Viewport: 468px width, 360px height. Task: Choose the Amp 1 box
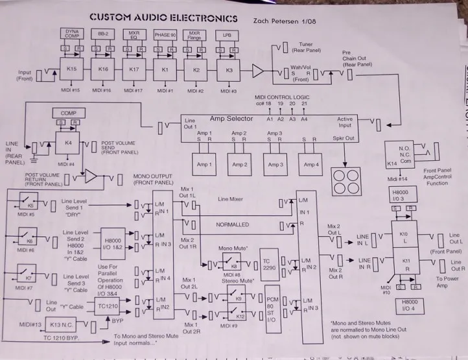click(205, 165)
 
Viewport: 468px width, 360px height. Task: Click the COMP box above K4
click(69, 114)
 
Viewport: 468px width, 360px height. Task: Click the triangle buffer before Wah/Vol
click(259, 70)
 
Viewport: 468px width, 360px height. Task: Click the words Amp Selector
click(231, 119)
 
